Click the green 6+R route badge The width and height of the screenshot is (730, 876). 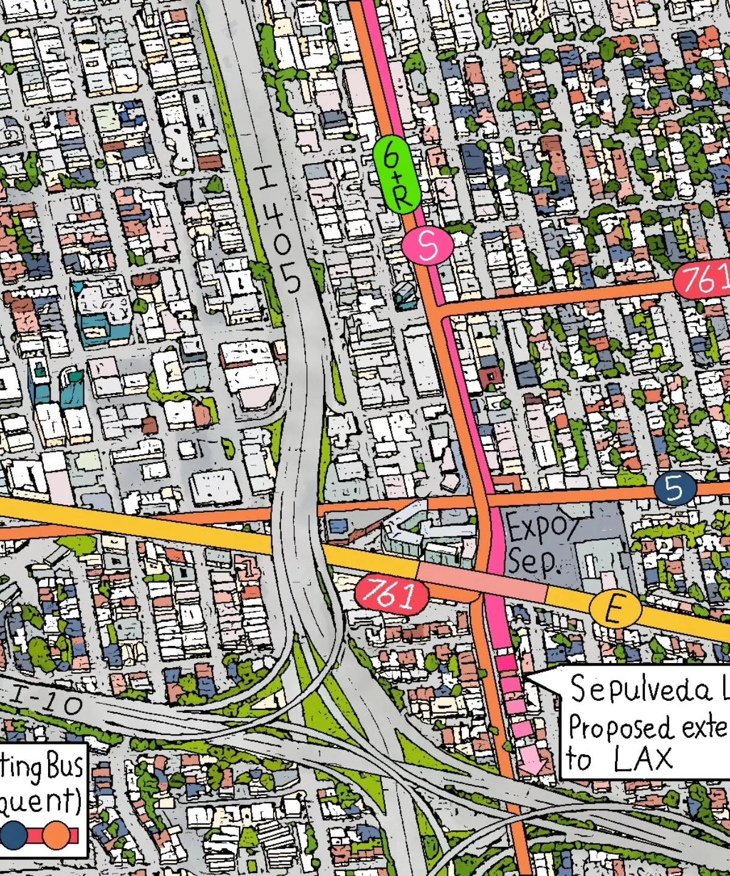(x=397, y=174)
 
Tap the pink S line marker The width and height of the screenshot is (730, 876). (x=428, y=245)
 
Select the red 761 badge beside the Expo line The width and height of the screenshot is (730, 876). (x=388, y=594)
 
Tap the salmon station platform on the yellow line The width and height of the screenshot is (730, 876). (x=481, y=582)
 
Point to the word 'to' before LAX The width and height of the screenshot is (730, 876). (x=579, y=759)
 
